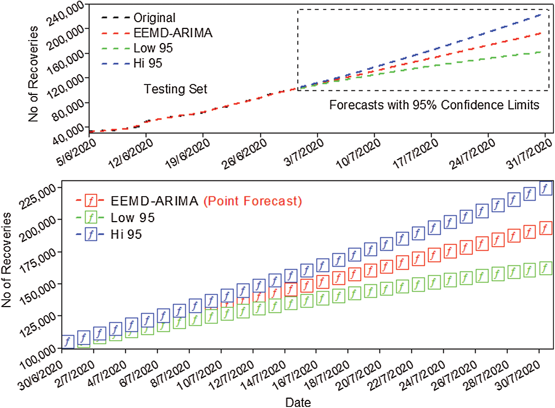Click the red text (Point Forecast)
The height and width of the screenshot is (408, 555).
tap(252, 201)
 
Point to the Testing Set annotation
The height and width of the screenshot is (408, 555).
tap(175, 89)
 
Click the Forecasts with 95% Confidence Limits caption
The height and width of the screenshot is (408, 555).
tap(434, 105)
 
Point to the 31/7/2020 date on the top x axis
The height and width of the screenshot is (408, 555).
tap(529, 153)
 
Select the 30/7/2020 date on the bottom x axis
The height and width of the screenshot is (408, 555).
tap(518, 375)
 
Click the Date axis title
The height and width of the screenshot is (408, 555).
tap(298, 402)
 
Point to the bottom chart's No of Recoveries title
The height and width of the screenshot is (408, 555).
tap(6, 260)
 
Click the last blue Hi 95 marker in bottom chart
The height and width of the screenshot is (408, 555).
tap(545, 188)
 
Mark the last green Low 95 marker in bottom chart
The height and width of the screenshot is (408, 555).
tap(545, 268)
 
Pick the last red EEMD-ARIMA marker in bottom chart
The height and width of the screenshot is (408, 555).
tap(545, 228)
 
